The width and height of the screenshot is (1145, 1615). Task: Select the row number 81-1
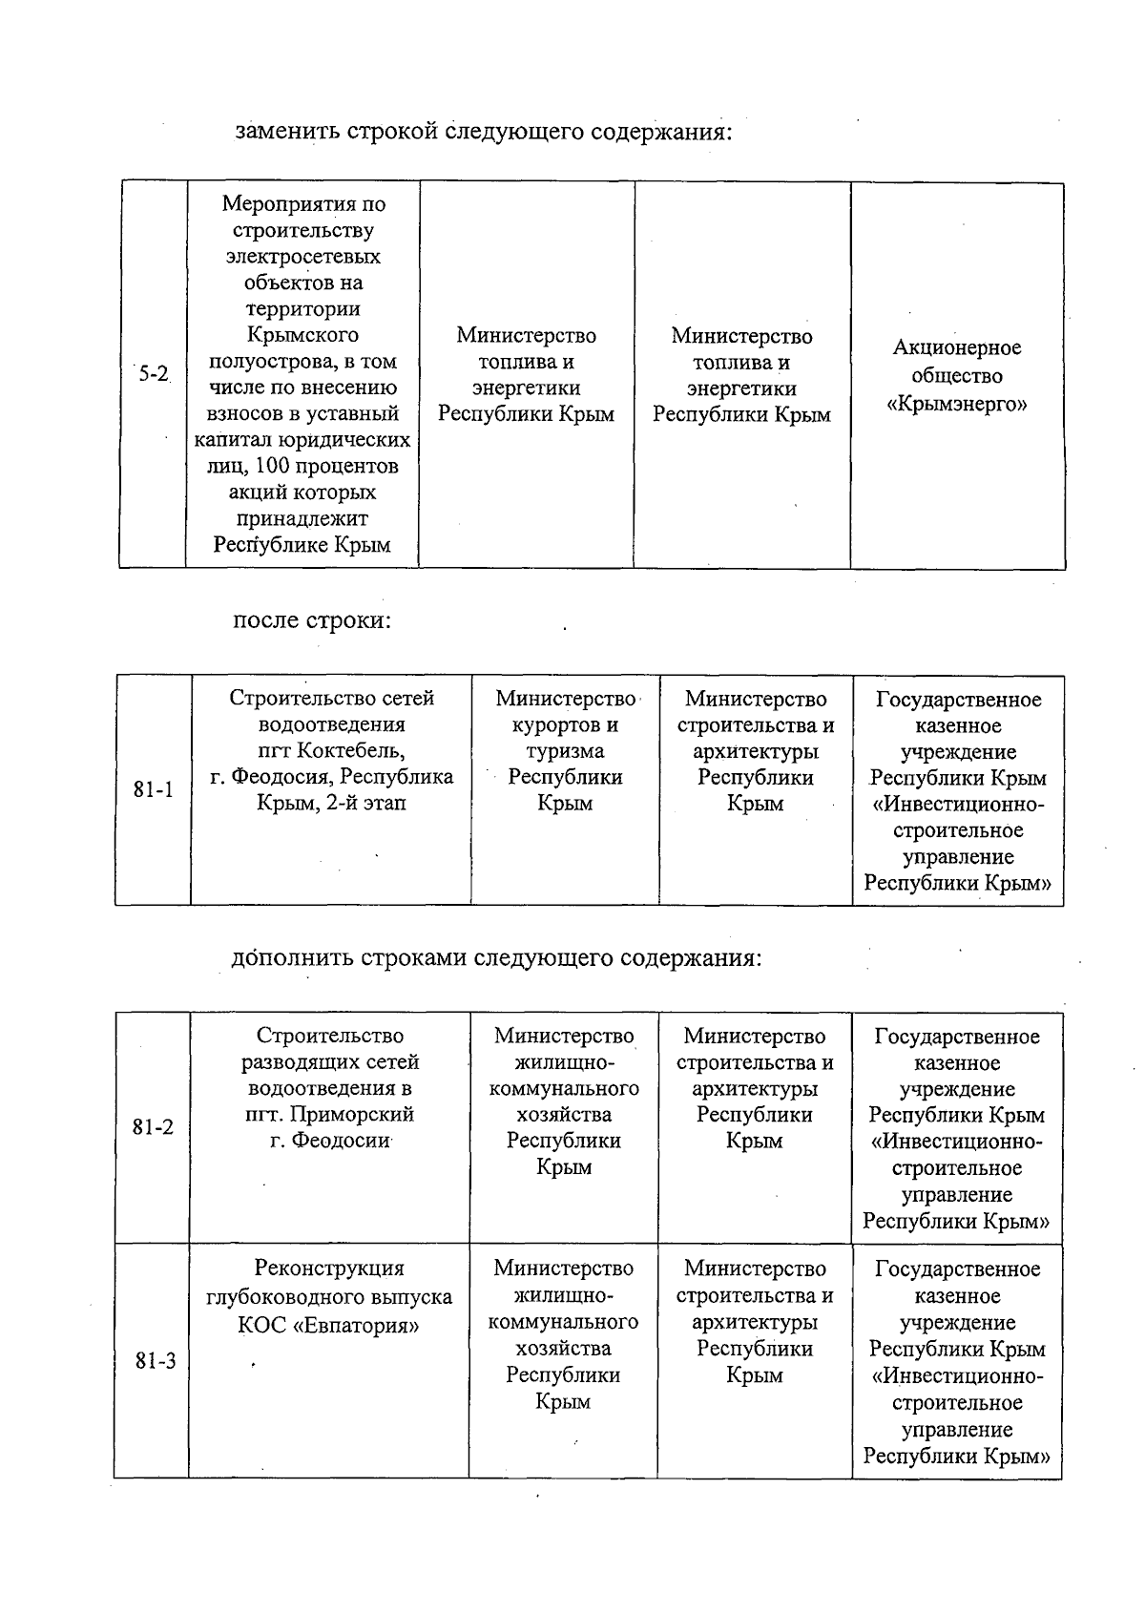coord(153,790)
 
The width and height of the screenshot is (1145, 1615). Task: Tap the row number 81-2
coord(153,1127)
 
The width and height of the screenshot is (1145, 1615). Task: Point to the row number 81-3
coord(155,1361)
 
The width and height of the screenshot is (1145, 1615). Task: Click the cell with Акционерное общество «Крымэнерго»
coord(957,376)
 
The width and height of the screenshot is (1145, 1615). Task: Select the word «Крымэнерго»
coord(957,404)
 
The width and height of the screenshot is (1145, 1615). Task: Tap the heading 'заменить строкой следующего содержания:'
coord(484,131)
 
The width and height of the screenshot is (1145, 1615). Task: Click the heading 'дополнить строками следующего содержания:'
coord(496,957)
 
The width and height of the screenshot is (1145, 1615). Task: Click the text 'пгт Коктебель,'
coord(331,751)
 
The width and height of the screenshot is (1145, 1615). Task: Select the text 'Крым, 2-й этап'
coord(331,803)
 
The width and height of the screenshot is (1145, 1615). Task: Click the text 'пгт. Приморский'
coord(330,1114)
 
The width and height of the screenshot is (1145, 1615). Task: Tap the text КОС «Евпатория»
coord(329,1326)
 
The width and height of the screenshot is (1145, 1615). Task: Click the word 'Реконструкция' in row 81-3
coord(329,1269)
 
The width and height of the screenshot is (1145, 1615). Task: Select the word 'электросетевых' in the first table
coord(302,256)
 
